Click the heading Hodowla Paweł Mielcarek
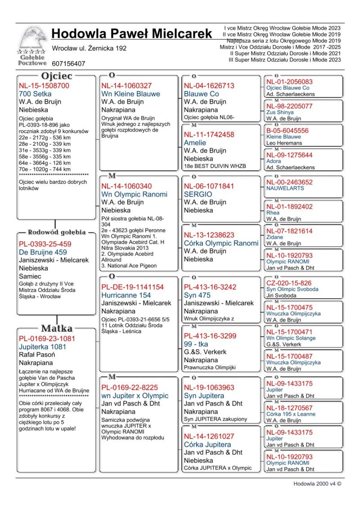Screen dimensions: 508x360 [131, 34]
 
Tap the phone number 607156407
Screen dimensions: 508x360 [68, 64]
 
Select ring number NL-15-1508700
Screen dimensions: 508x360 [44, 86]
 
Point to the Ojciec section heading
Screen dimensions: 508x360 [57, 76]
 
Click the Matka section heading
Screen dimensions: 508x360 [57, 328]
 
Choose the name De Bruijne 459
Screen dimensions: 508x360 [43, 252]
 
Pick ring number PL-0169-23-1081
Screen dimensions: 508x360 [47, 339]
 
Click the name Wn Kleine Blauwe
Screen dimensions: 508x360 [130, 94]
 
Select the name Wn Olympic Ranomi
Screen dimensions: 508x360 [134, 194]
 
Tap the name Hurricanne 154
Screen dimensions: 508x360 [126, 295]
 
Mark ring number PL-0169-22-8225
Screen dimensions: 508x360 [130, 388]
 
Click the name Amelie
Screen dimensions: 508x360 [195, 143]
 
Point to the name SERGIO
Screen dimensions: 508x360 [198, 194]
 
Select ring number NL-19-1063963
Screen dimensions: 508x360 [209, 388]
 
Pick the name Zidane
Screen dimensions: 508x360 [275, 237]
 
